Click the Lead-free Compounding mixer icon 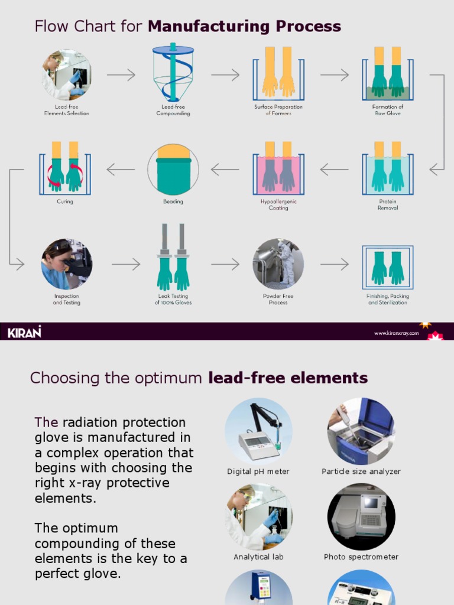(x=173, y=73)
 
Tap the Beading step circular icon (x=173, y=169)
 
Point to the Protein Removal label (x=388, y=204)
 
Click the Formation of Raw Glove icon (x=388, y=73)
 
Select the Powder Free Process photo (x=278, y=264)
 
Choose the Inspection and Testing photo (x=66, y=264)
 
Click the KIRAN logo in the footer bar (x=24, y=332)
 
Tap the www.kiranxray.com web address (x=396, y=333)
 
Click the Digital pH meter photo (x=258, y=431)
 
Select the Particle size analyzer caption (x=361, y=471)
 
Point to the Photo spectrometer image (x=361, y=516)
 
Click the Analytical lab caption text (x=258, y=557)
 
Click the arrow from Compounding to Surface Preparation (x=225, y=75)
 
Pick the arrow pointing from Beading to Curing (x=121, y=170)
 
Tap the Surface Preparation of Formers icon (x=278, y=73)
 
